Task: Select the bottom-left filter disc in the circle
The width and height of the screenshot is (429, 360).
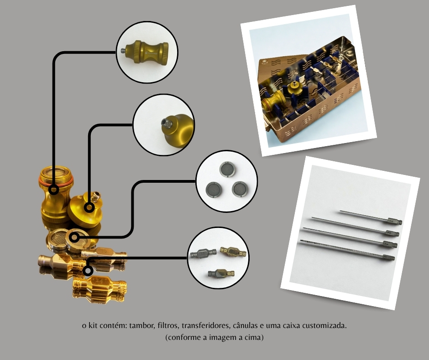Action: [x=214, y=189]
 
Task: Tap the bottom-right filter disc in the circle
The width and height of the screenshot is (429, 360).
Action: [x=240, y=189]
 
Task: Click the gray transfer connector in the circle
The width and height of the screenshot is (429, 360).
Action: [x=203, y=254]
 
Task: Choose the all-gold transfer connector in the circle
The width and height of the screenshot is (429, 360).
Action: [x=233, y=252]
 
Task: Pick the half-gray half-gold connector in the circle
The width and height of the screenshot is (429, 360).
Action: [x=221, y=273]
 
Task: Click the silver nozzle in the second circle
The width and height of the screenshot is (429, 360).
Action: [x=167, y=123]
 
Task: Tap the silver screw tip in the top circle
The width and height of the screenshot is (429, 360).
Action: [x=123, y=51]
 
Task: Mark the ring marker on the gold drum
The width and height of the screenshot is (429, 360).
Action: [x=54, y=189]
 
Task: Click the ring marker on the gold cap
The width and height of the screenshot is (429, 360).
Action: [x=89, y=207]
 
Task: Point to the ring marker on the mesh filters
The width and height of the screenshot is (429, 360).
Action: [x=74, y=237]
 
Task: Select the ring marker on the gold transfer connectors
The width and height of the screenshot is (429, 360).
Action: [x=88, y=270]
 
